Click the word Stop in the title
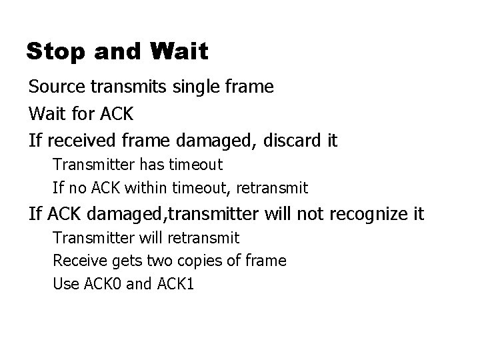click(x=51, y=51)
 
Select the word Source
click(x=55, y=87)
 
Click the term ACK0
click(x=100, y=284)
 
